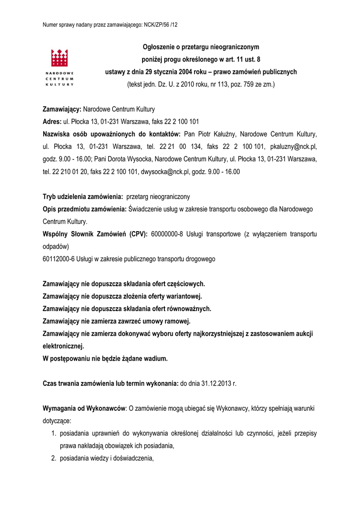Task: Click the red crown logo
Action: coord(60,59)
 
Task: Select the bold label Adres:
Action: coord(52,122)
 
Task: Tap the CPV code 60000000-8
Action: coord(167,234)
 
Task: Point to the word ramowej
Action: coord(174,321)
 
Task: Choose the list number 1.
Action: coord(55,434)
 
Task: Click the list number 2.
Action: coord(55,458)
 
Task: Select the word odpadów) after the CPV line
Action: coord(56,246)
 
